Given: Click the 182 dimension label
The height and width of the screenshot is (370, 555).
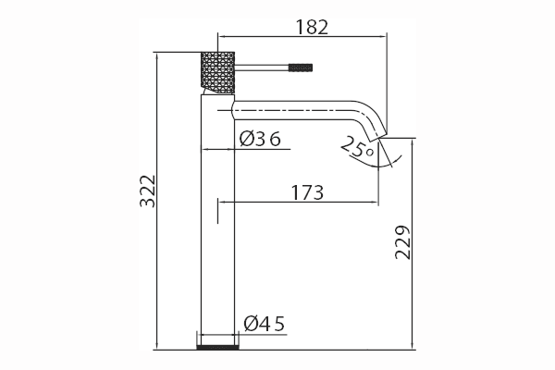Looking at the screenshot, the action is [312, 27].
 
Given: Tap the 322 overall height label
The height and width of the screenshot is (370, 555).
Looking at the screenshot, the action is [148, 191].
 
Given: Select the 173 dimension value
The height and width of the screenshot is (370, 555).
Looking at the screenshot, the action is [307, 193].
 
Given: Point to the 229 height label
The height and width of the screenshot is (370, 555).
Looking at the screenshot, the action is [402, 242].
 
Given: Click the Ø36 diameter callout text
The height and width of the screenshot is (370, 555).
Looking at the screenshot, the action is [260, 139].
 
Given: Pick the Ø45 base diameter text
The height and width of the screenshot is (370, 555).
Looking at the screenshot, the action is [264, 324].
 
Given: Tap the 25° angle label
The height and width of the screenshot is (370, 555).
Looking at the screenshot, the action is [357, 148].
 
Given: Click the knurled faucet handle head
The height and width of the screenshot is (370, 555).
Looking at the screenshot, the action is [217, 73].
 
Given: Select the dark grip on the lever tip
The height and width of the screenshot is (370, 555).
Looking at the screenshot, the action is [301, 68].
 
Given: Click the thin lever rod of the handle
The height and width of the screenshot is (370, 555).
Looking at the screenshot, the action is [262, 68].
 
